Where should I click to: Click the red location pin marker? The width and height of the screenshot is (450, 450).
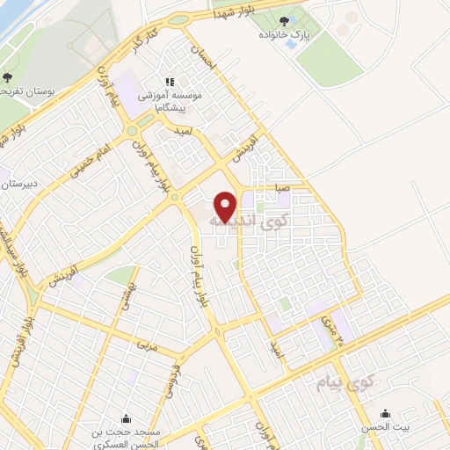coord(226,206)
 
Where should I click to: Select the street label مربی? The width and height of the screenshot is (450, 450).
coord(148,346)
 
